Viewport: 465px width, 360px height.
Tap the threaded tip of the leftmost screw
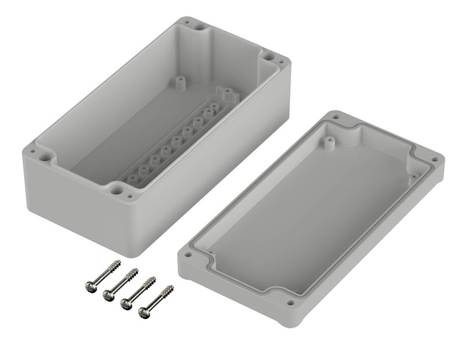click(x=117, y=263)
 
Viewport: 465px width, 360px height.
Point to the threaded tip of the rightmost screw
click(x=169, y=287)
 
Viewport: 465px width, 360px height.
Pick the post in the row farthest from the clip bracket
click(x=133, y=180)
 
